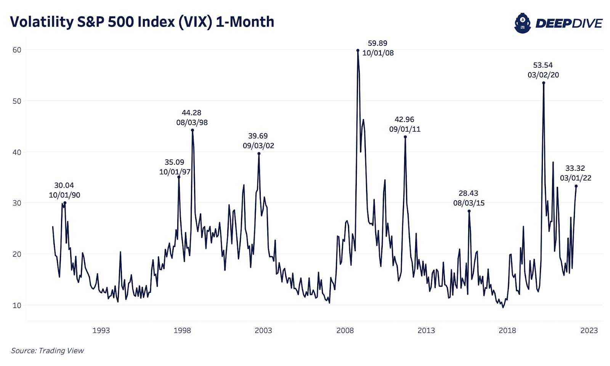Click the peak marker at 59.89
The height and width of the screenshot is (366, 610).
tap(358, 50)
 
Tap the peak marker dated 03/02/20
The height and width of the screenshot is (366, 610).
tap(544, 83)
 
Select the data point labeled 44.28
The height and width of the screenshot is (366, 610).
tap(193, 130)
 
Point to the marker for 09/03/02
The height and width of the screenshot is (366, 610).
tap(259, 153)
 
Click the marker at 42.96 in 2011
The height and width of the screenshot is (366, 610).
tap(405, 137)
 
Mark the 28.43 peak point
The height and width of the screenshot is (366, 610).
tap(469, 211)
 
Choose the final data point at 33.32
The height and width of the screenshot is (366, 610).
tap(576, 186)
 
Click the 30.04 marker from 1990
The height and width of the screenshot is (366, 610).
tap(65, 202)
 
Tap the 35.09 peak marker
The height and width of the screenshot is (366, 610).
tap(179, 177)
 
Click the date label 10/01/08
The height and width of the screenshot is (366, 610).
tap(378, 53)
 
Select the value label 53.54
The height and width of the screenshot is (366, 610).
tap(543, 65)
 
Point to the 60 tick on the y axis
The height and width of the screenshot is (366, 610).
tap(17, 50)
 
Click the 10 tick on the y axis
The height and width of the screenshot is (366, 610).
tap(17, 305)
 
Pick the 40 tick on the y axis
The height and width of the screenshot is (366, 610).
tap(17, 152)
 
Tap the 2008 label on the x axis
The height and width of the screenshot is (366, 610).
tap(345, 330)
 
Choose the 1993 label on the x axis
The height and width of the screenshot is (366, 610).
tap(101, 330)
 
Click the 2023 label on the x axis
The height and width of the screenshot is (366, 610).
tap(589, 330)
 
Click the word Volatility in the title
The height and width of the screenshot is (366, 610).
tap(42, 22)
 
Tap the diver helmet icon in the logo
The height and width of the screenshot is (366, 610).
tap(522, 23)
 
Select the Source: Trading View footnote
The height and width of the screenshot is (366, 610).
tap(47, 350)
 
